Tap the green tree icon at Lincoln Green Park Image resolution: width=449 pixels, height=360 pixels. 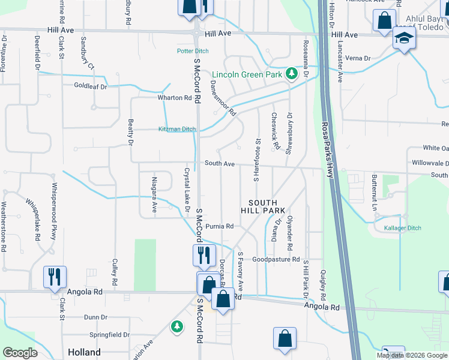pyautogui.click(x=291, y=73)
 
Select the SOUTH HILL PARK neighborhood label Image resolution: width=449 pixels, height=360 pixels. pyautogui.click(x=263, y=207)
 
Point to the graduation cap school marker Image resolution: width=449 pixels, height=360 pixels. pyautogui.click(x=403, y=40)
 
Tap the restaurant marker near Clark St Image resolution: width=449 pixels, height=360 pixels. pyautogui.click(x=55, y=277)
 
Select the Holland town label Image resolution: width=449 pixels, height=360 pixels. pyautogui.click(x=84, y=352)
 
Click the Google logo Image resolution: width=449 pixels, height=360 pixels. pyautogui.click(x=20, y=353)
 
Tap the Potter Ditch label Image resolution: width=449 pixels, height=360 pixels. pyautogui.click(x=193, y=51)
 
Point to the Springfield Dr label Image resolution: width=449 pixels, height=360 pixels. pyautogui.click(x=109, y=334)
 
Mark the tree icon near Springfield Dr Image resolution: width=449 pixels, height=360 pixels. pyautogui.click(x=176, y=326)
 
